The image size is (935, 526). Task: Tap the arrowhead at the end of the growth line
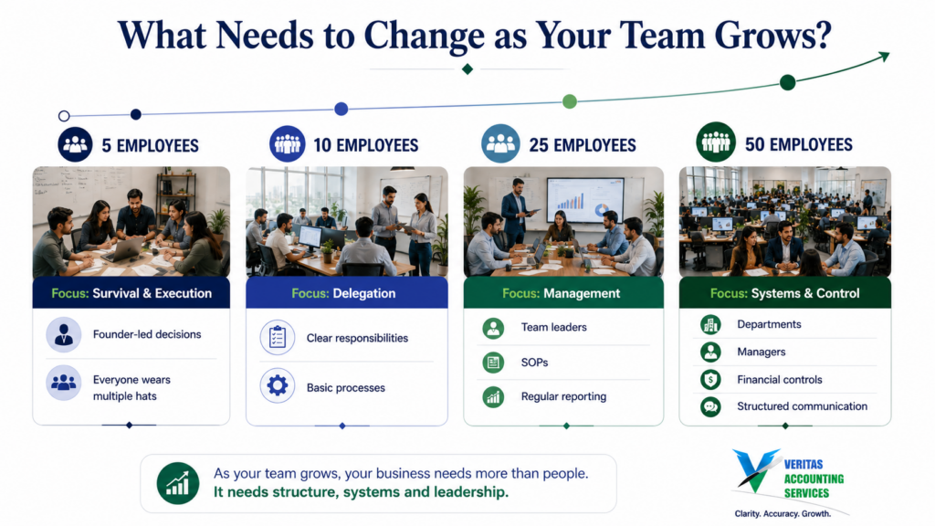(x=884, y=57)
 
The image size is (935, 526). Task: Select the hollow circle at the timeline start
(x=64, y=116)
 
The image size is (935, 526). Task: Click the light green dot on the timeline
(x=570, y=101)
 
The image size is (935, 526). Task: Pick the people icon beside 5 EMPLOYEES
(x=75, y=144)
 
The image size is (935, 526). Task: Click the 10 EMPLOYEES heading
(x=365, y=145)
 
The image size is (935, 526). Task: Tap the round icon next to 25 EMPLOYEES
(x=500, y=143)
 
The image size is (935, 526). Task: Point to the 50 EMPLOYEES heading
(x=798, y=145)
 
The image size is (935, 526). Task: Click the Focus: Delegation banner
(x=346, y=293)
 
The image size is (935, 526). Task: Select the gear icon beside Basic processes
(x=278, y=386)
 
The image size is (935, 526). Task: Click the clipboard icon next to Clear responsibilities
(x=278, y=338)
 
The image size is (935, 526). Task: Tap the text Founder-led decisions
(x=147, y=334)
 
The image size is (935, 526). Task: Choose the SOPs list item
(x=534, y=362)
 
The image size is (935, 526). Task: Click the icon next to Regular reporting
(x=493, y=396)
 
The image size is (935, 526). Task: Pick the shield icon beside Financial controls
(x=710, y=379)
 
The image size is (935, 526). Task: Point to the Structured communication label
(x=802, y=406)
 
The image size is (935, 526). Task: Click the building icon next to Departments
(x=710, y=324)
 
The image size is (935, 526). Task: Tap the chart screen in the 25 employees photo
(x=585, y=201)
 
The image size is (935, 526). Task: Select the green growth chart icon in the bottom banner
(x=178, y=483)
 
